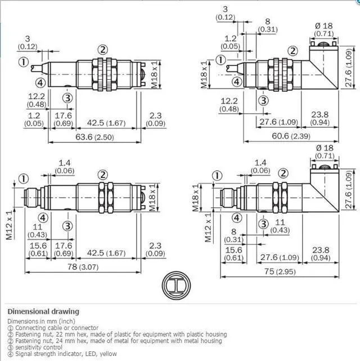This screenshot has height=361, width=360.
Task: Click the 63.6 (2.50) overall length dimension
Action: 94,137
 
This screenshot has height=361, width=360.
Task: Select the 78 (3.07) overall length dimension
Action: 83,267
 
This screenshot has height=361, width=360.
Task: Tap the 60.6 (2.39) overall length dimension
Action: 291,136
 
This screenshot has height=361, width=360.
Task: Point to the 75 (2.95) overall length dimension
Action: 280,271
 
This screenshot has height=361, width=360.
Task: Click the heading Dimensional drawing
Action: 43,311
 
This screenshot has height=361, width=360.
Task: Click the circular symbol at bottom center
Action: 176,286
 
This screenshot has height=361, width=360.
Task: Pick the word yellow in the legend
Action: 108,354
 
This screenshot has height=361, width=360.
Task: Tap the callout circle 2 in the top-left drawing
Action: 102,50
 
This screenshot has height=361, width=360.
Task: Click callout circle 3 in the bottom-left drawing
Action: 67,226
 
